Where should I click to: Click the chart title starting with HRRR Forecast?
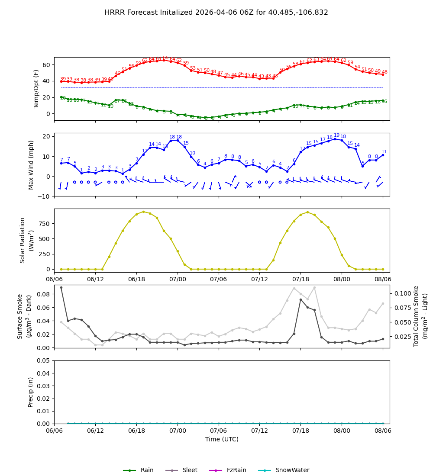tap(216, 13)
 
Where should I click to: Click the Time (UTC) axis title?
tap(222, 439)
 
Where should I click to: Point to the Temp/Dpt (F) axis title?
tap(36, 89)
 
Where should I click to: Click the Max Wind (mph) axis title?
tap(31, 164)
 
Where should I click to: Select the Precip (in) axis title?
tap(31, 392)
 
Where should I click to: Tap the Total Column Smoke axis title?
tap(416, 316)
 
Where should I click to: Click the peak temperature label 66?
tap(165, 58)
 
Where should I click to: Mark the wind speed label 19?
tap(336, 135)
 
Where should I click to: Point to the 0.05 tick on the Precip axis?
tap(44, 360)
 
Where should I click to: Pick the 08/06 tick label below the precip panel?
tap(383, 431)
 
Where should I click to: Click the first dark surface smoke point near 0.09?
tap(61, 287)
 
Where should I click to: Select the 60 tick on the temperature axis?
tap(46, 65)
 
